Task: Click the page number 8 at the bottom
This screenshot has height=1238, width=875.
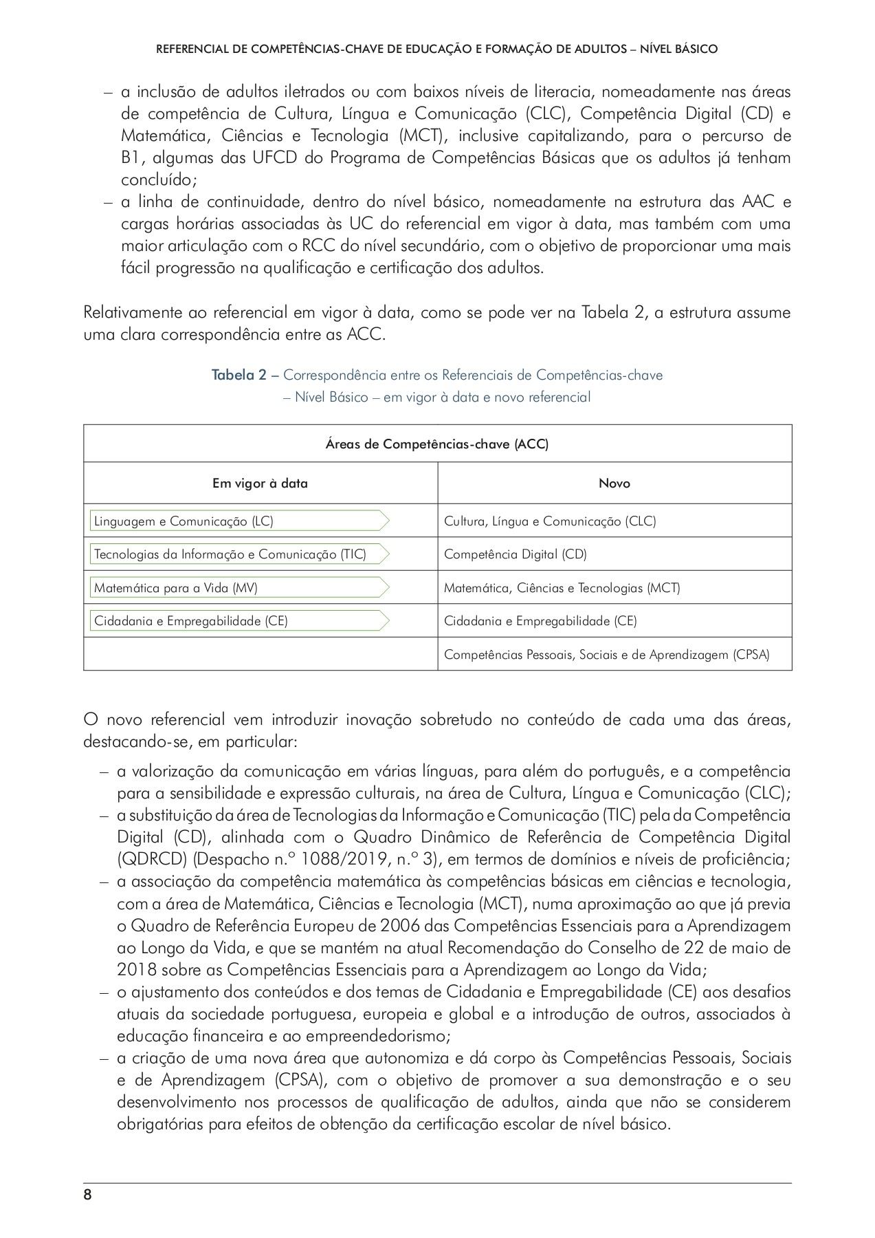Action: pos(87,1195)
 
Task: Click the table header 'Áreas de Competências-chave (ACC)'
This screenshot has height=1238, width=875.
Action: pos(437,444)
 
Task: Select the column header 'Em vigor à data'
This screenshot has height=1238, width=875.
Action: pos(260,484)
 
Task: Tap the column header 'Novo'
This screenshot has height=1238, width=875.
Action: pos(614,484)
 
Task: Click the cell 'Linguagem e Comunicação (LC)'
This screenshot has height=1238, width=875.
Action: pos(184,521)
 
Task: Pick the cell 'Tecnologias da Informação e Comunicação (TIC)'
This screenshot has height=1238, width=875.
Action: pos(230,554)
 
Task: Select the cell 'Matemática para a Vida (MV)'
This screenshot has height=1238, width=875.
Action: pos(175,588)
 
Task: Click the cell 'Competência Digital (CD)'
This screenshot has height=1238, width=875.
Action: pos(515,554)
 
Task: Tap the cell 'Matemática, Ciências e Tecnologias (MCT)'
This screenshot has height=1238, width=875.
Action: pos(562,588)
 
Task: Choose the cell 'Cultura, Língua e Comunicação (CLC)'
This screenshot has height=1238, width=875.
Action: pos(550,521)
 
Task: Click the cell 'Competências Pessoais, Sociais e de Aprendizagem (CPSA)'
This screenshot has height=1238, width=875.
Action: pos(606,655)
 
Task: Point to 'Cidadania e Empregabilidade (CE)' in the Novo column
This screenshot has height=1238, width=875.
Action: pos(540,621)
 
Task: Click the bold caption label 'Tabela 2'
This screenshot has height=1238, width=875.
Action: pos(239,376)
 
